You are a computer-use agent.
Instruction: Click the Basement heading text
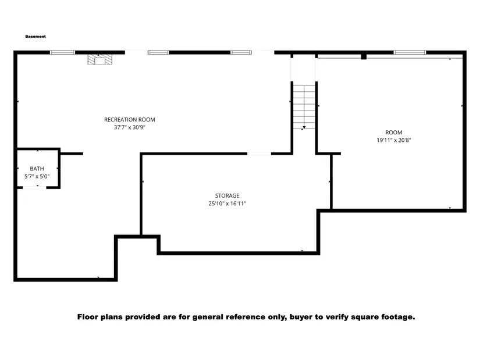click(x=35, y=37)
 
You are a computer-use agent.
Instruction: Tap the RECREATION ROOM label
click(x=130, y=120)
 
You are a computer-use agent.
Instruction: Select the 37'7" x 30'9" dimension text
click(x=130, y=127)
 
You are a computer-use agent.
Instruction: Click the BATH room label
click(x=37, y=169)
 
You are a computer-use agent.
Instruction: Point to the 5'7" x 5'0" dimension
click(x=37, y=176)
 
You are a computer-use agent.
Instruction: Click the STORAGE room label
click(x=227, y=195)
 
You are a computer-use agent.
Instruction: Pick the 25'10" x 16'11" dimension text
click(x=227, y=204)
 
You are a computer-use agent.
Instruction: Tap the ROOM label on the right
click(x=394, y=133)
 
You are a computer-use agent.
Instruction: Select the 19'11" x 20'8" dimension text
click(x=394, y=140)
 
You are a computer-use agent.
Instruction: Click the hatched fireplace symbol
click(x=100, y=59)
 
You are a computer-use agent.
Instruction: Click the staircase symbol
click(x=304, y=107)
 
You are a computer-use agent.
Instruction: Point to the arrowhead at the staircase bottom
click(x=304, y=127)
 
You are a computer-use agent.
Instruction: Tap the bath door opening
click(x=34, y=187)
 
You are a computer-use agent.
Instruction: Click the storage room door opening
click(x=259, y=154)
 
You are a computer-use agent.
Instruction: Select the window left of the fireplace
click(x=62, y=52)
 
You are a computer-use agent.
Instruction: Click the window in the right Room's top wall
click(x=410, y=52)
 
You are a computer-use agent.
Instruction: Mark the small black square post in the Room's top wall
click(x=364, y=56)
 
